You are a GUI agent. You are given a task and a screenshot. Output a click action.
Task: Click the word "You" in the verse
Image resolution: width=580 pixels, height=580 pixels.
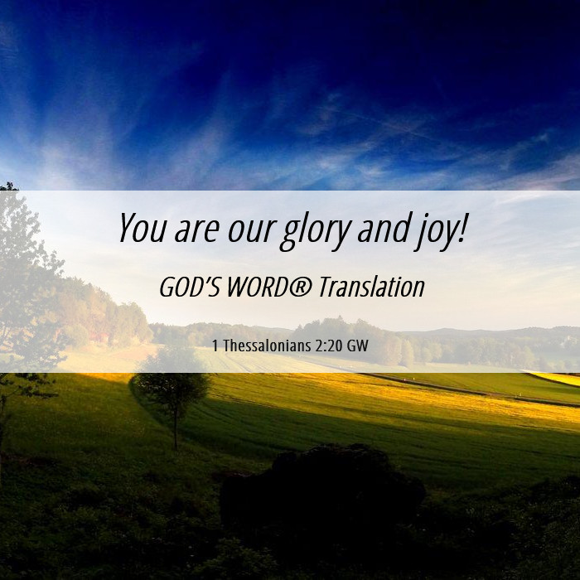(x=142, y=228)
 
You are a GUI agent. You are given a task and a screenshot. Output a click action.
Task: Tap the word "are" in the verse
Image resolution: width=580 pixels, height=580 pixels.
(x=196, y=230)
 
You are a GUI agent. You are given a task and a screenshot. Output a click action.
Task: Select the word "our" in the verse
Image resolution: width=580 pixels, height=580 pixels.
(x=252, y=230)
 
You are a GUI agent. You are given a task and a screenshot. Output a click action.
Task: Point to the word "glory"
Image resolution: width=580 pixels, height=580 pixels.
(x=315, y=231)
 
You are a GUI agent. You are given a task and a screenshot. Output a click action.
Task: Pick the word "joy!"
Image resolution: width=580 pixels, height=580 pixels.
(x=440, y=231)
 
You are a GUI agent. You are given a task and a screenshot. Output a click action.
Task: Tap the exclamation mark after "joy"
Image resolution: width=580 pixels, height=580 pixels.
(x=462, y=228)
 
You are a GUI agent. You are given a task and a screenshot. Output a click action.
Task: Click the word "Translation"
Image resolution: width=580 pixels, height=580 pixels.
(x=371, y=287)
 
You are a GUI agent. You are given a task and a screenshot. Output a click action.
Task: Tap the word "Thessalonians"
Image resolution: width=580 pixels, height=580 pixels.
(x=267, y=346)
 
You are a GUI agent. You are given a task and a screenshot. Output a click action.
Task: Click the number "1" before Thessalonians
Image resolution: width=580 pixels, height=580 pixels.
(x=215, y=346)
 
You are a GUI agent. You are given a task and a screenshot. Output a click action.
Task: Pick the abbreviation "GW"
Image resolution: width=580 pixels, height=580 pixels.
(x=358, y=346)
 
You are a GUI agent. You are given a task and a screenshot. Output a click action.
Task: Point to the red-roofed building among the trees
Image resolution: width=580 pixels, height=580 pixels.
(x=99, y=336)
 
